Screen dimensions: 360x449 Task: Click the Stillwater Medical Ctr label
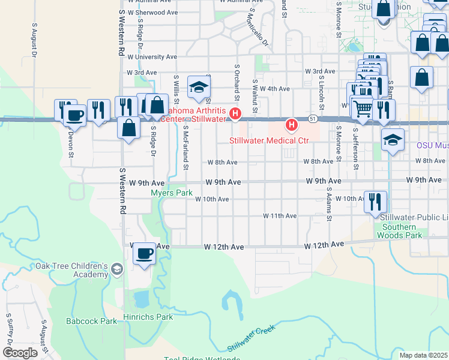click(x=270, y=140)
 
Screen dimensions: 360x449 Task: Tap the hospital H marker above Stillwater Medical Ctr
click(x=292, y=125)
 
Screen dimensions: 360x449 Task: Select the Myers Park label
click(x=172, y=193)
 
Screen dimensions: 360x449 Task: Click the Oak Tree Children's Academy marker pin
click(x=116, y=270)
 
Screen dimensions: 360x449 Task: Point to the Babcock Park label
click(x=92, y=321)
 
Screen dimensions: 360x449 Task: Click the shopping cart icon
click(x=363, y=108)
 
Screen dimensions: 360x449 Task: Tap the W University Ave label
click(x=152, y=57)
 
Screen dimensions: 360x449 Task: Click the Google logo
click(x=19, y=353)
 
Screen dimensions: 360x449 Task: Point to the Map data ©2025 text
click(x=424, y=355)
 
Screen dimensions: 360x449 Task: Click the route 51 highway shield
click(x=313, y=119)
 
